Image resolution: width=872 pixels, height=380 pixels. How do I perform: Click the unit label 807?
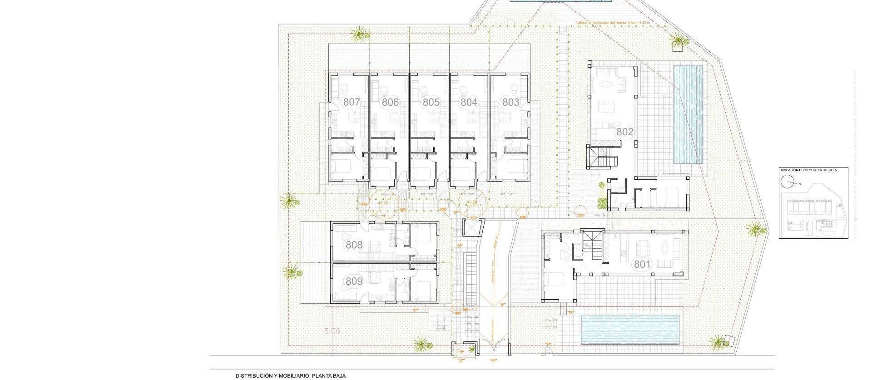pyautogui.click(x=352, y=102)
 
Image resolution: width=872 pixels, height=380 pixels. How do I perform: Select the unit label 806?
pyautogui.click(x=390, y=102)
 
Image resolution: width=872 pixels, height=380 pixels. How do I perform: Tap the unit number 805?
pyautogui.click(x=431, y=102)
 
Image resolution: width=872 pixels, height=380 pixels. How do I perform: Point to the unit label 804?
pyautogui.click(x=469, y=102)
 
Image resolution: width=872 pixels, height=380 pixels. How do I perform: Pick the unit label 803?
pyautogui.click(x=510, y=102)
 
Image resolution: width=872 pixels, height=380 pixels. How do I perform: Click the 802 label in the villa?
pyautogui.click(x=624, y=132)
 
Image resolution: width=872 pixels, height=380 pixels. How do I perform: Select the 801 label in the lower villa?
pyautogui.click(x=642, y=264)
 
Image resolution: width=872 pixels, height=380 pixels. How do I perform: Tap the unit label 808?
pyautogui.click(x=354, y=245)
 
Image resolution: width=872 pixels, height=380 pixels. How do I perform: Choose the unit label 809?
pyautogui.click(x=354, y=281)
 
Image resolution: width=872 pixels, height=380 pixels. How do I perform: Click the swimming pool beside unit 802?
pyautogui.click(x=688, y=115)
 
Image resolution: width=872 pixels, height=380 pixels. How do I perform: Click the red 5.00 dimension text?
pyautogui.click(x=332, y=331)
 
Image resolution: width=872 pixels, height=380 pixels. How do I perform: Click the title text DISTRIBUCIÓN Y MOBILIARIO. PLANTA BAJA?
pyautogui.click(x=290, y=375)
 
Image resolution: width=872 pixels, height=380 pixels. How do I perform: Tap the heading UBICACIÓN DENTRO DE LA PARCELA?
pyautogui.click(x=808, y=170)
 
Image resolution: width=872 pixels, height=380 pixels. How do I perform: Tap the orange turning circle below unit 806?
pyautogui.click(x=383, y=204)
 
